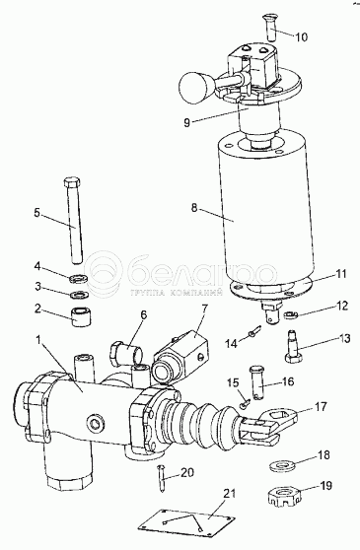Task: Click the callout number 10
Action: [x=301, y=36]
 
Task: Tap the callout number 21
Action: [x=230, y=493]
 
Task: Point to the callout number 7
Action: [x=204, y=309]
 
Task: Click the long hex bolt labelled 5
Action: [x=73, y=220]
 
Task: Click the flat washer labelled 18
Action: [x=282, y=466]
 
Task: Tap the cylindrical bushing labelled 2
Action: [x=82, y=316]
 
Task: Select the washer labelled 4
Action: [x=78, y=279]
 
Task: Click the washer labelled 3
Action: [x=79, y=294]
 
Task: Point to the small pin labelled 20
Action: [x=163, y=478]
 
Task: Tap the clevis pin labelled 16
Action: [x=257, y=382]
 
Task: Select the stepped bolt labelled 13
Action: [x=293, y=347]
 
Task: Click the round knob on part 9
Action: [x=194, y=88]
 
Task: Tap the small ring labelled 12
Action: [x=290, y=314]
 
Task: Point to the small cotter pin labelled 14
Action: [x=254, y=331]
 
